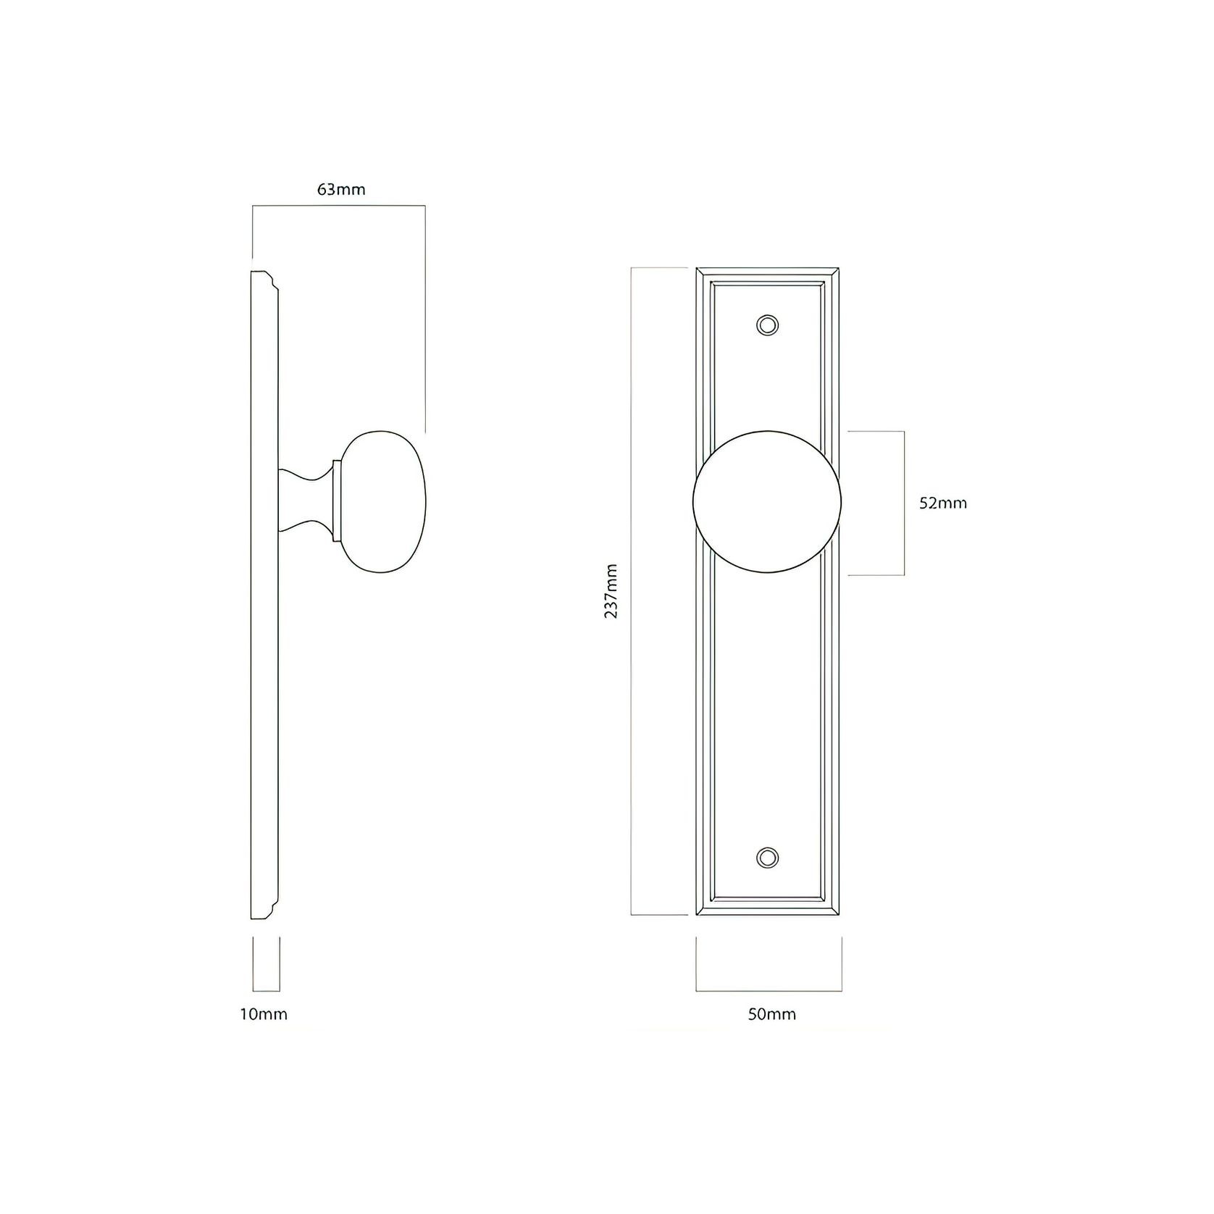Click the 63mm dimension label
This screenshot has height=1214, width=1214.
pyautogui.click(x=341, y=191)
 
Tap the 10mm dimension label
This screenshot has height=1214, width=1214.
pyautogui.click(x=264, y=1014)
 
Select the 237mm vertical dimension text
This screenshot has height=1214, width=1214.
pyautogui.click(x=611, y=590)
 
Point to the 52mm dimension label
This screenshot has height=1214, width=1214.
pyautogui.click(x=943, y=503)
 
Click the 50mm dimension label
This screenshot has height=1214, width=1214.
pyautogui.click(x=772, y=1014)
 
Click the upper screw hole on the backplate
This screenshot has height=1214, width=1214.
pyautogui.click(x=768, y=325)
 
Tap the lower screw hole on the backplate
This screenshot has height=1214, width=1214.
pyautogui.click(x=768, y=858)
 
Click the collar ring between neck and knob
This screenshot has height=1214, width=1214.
pyautogui.click(x=336, y=501)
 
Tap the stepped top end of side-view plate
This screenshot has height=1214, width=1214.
pyautogui.click(x=264, y=280)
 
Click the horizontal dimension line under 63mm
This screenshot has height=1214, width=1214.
pyautogui.click(x=338, y=207)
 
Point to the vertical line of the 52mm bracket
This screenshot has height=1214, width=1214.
pyautogui.click(x=904, y=503)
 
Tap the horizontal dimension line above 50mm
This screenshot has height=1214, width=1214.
pyautogui.click(x=769, y=990)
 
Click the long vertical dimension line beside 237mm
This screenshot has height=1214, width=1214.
pyautogui.click(x=632, y=590)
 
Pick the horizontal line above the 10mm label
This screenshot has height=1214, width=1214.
pyautogui.click(x=265, y=990)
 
